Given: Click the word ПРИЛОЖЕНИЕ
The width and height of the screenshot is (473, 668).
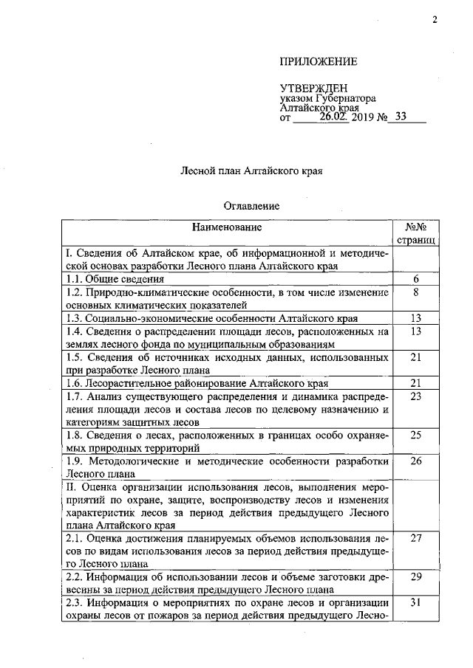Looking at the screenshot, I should (x=319, y=61).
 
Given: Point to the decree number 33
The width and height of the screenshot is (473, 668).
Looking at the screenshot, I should (x=401, y=115).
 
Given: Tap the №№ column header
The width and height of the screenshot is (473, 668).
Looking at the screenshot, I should (x=416, y=227).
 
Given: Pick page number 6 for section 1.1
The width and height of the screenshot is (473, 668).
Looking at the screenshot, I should (x=415, y=279).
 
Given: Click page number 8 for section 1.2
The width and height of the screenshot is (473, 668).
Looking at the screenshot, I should (x=415, y=292).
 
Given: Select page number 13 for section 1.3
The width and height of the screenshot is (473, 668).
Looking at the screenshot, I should (x=415, y=318).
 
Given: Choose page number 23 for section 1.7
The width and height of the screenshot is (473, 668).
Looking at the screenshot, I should (x=415, y=396).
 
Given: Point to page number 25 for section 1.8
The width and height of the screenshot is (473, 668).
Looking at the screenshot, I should (x=415, y=435).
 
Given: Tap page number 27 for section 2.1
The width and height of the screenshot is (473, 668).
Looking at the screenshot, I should (x=415, y=539).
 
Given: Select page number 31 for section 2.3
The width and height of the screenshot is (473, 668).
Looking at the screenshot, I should (x=415, y=604).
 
